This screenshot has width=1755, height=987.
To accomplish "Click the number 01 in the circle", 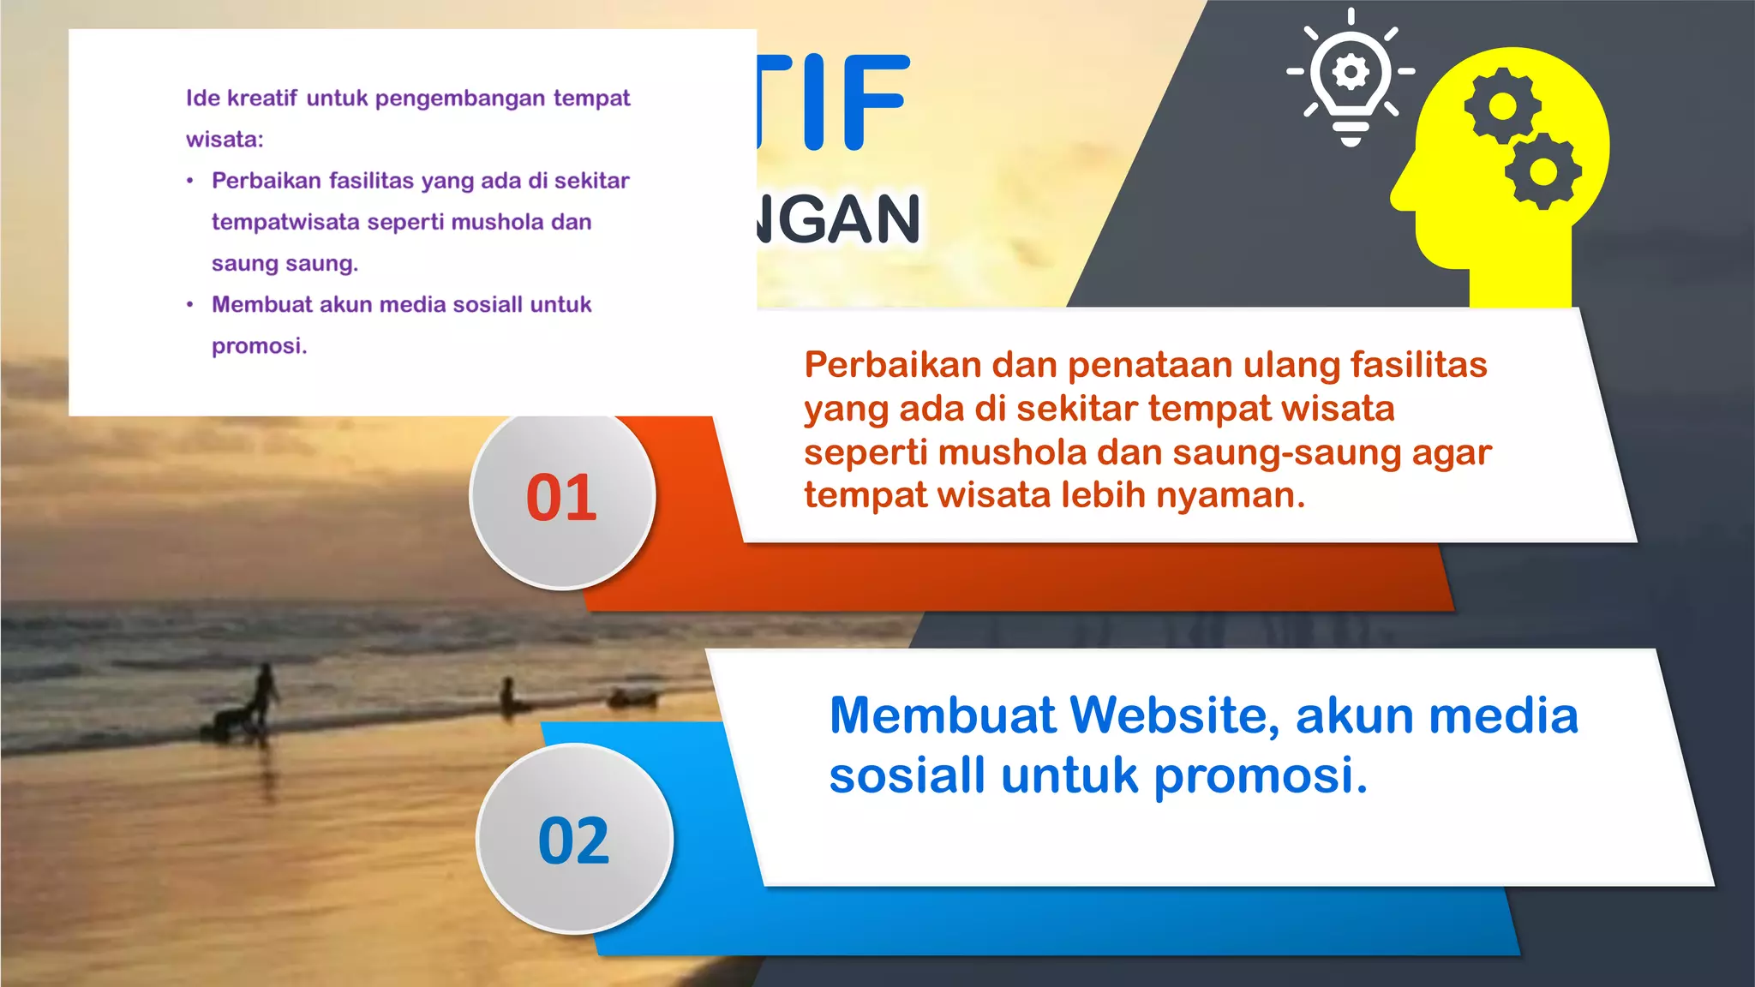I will (561, 498).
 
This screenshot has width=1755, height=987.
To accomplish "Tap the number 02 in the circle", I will (573, 840).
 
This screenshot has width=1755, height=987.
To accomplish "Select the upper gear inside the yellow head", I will (1501, 106).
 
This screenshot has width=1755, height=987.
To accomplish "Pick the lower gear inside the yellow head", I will (1542, 171).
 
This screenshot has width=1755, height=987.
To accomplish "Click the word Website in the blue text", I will (1175, 715).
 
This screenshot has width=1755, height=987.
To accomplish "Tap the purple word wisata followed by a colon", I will (225, 140).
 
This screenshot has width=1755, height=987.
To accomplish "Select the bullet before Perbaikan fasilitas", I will (190, 181).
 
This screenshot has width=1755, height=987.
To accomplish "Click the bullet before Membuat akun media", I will (190, 305).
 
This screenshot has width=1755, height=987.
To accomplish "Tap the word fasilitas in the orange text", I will (1418, 365).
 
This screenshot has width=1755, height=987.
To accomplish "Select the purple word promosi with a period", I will (259, 346).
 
